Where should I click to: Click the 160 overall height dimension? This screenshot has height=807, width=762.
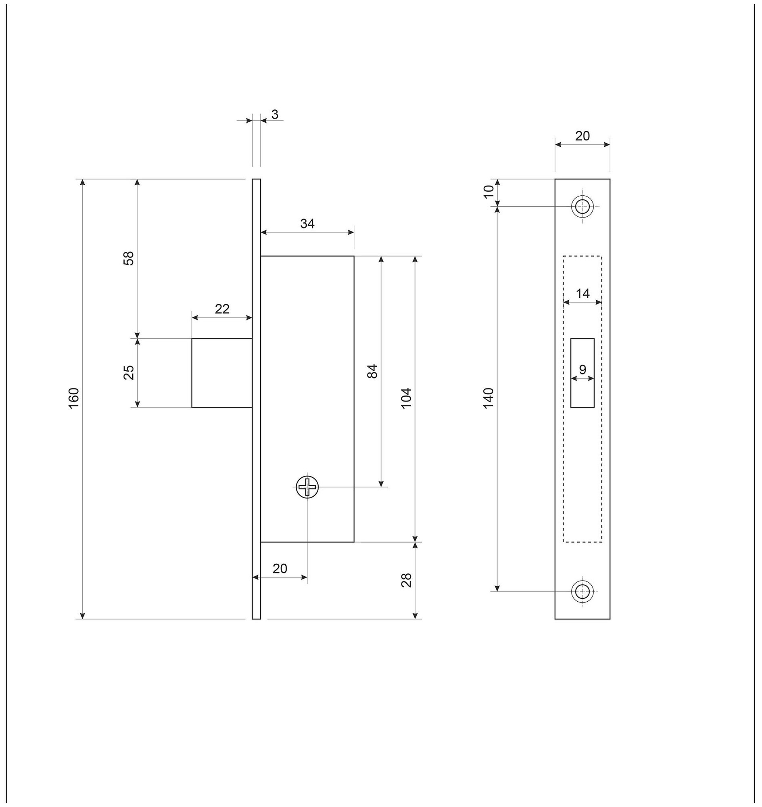pyautogui.click(x=73, y=398)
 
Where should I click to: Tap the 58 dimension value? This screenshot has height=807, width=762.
pyautogui.click(x=128, y=258)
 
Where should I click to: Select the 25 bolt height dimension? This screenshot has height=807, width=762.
pyautogui.click(x=128, y=372)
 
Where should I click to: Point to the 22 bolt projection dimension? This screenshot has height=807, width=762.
pyautogui.click(x=222, y=309)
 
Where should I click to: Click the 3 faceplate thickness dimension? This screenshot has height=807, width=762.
pyautogui.click(x=275, y=115)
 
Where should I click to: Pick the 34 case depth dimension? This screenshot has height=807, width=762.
pyautogui.click(x=307, y=224)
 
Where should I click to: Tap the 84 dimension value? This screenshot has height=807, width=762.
pyautogui.click(x=372, y=371)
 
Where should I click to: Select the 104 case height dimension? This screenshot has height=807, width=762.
pyautogui.click(x=407, y=398)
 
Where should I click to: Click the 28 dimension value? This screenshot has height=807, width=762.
pyautogui.click(x=407, y=580)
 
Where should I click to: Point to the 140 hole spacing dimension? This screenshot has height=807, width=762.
pyautogui.click(x=489, y=398)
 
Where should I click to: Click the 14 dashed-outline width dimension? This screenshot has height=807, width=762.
pyautogui.click(x=582, y=293)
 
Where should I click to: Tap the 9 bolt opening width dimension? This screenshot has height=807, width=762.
pyautogui.click(x=582, y=369)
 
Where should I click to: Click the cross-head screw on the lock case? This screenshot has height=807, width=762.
pyautogui.click(x=307, y=486)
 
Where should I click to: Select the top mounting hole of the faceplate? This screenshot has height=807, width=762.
pyautogui.click(x=582, y=206)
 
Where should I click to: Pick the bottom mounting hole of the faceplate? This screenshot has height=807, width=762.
pyautogui.click(x=582, y=591)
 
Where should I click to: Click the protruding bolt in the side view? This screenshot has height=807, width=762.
pyautogui.click(x=222, y=372)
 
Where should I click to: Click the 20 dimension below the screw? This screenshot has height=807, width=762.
pyautogui.click(x=280, y=569)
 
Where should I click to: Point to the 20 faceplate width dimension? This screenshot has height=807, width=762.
pyautogui.click(x=582, y=136)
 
